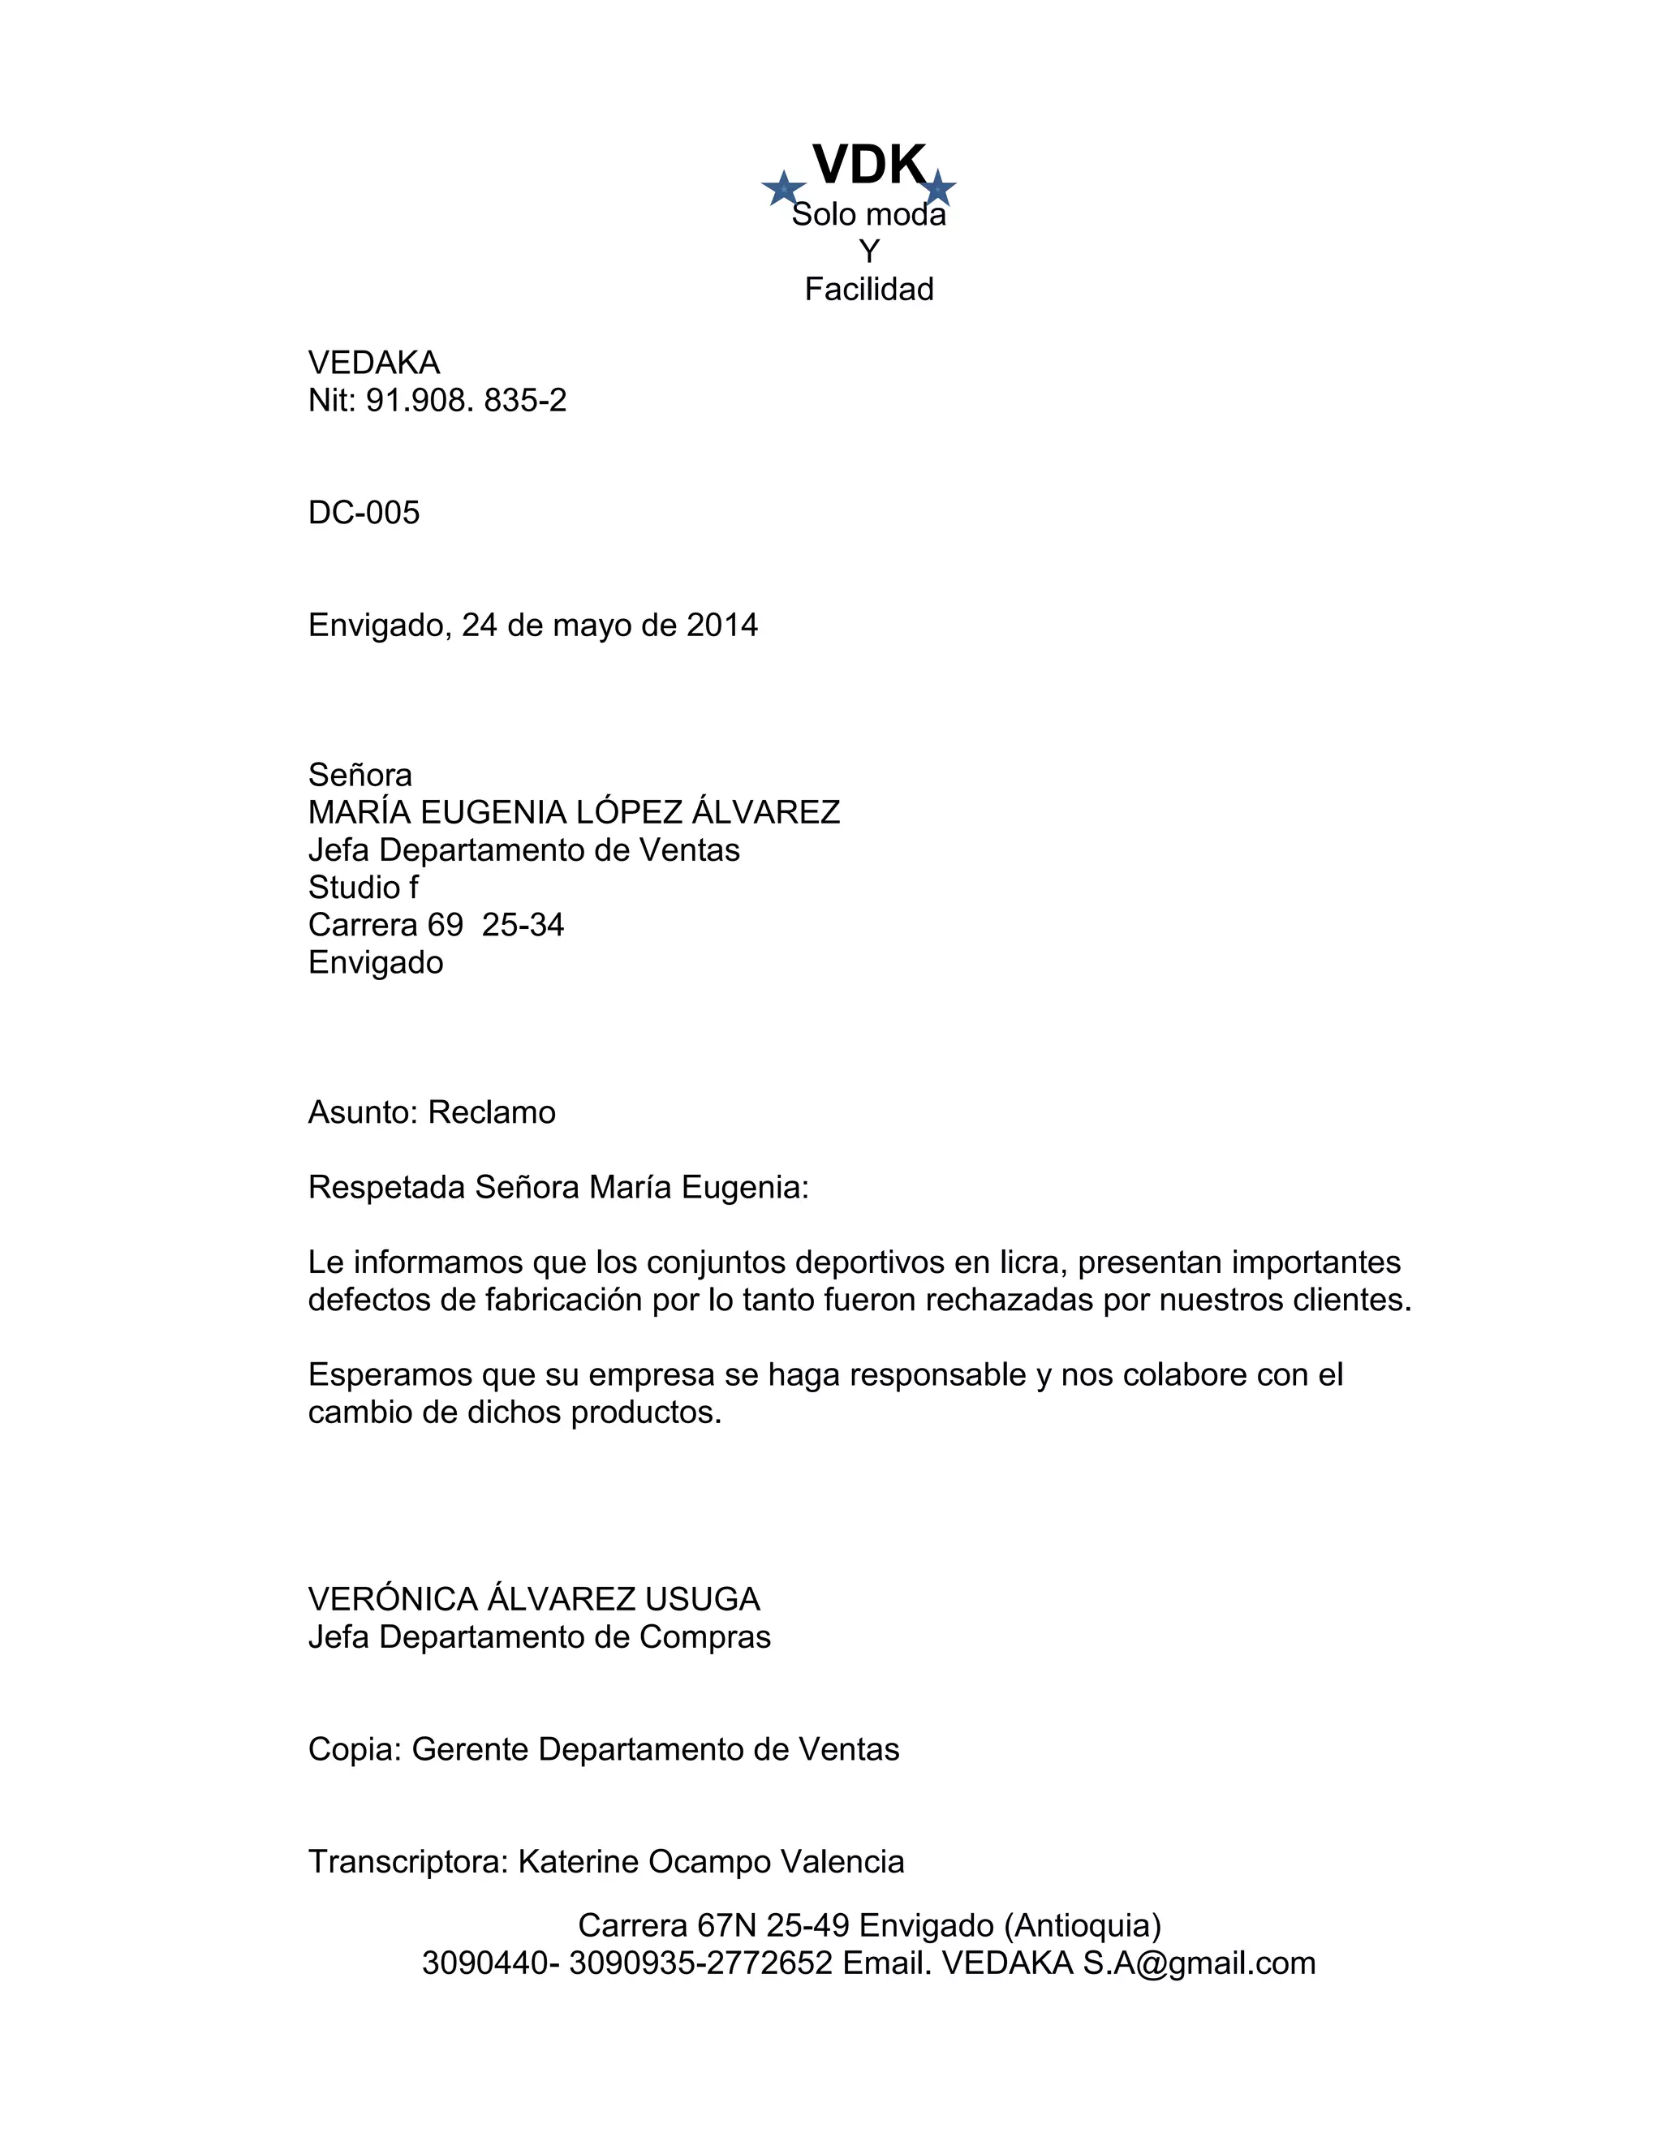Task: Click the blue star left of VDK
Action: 784,188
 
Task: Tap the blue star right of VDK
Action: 938,188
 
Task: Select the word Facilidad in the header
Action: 868,290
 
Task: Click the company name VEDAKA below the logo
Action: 373,363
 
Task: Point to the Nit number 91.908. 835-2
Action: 466,401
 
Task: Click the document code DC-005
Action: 364,513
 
